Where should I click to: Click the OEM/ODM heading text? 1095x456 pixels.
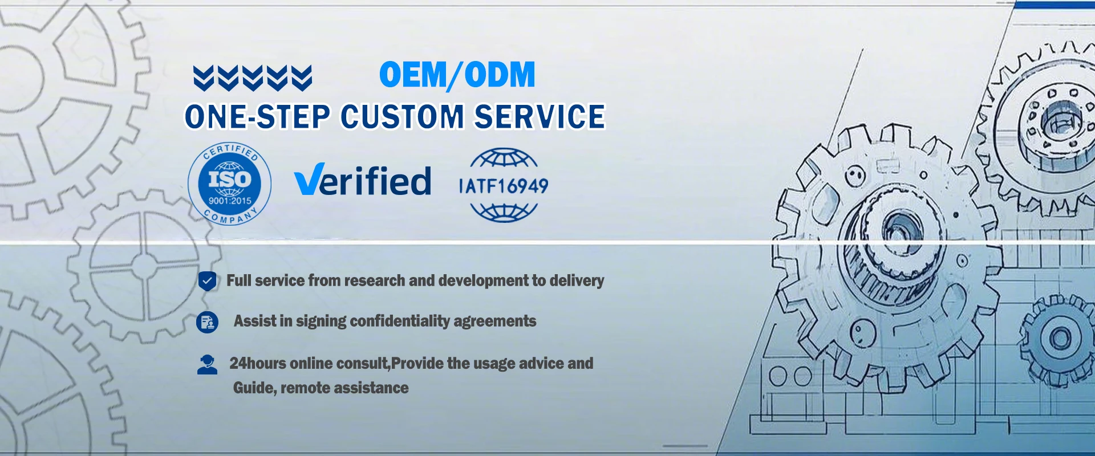(457, 75)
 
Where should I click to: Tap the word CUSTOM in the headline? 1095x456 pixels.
(402, 117)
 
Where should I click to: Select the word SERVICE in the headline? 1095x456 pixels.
(540, 117)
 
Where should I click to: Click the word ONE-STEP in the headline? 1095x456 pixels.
(257, 117)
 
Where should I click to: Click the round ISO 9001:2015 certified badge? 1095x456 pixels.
(229, 184)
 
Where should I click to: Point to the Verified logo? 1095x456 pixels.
(363, 180)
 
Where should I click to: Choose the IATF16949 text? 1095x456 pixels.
(504, 186)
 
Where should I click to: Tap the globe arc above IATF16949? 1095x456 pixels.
(504, 158)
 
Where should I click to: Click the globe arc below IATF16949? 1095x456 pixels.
(504, 212)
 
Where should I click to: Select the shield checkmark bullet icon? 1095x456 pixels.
(207, 280)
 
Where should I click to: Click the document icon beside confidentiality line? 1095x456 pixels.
(207, 322)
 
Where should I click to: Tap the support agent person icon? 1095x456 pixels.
(207, 364)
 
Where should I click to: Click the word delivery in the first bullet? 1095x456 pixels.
(576, 281)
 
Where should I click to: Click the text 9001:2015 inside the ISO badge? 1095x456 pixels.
(230, 201)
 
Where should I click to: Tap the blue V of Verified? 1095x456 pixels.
(310, 179)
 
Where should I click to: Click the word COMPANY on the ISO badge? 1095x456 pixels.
(230, 217)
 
